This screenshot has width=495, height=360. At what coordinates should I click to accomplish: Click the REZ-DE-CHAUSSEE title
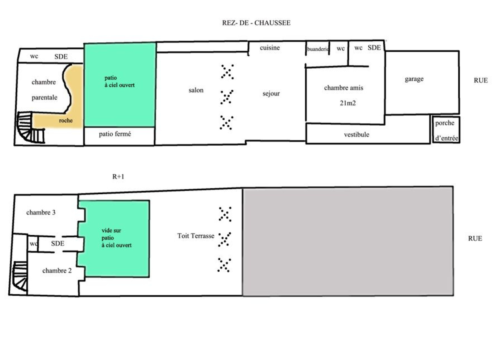point(256,23)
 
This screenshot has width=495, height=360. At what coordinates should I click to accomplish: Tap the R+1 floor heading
point(118,177)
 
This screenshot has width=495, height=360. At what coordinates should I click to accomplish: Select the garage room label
point(414,79)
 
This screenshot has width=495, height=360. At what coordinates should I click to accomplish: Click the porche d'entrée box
point(446,130)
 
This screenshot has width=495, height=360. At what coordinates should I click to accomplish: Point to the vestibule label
point(356,135)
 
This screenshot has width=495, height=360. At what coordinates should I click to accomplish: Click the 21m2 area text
point(348,103)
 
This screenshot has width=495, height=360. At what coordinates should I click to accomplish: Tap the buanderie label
point(318,49)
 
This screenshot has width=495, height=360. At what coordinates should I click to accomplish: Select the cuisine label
point(269,48)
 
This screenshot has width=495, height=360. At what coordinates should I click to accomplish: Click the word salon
point(196,90)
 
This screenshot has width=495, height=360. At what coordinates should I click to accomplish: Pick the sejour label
point(271,94)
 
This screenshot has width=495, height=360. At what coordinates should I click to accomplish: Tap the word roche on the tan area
point(66,120)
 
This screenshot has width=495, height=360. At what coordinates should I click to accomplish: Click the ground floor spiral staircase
point(31,127)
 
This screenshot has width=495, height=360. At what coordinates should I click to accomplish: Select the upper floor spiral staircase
point(20,276)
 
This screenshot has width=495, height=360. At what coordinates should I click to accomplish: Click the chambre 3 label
point(41,212)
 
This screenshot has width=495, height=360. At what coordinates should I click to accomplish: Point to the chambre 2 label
point(57,271)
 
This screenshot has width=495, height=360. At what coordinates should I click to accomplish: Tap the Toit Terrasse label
point(196,236)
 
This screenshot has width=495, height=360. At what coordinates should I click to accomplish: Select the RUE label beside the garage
point(481,80)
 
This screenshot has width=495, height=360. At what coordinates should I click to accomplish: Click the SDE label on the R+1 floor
point(58,243)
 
